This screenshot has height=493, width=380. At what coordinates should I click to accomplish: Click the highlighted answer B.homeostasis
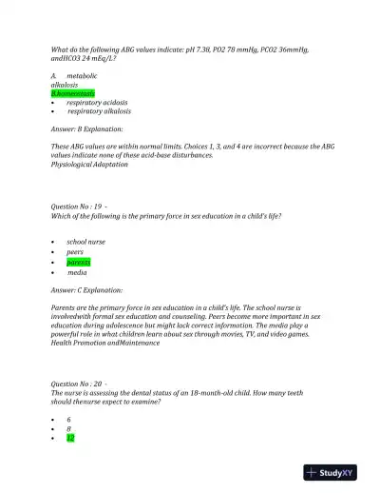click(71, 93)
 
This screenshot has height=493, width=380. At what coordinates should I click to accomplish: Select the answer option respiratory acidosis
click(98, 102)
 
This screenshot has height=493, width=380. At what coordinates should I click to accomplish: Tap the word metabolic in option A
click(82, 74)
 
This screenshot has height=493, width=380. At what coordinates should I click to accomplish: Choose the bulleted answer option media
click(77, 272)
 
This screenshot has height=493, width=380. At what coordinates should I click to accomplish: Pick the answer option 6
click(68, 419)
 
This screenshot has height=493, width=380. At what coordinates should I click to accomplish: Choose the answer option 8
click(68, 428)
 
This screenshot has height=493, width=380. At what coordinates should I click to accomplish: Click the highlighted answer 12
click(70, 438)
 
